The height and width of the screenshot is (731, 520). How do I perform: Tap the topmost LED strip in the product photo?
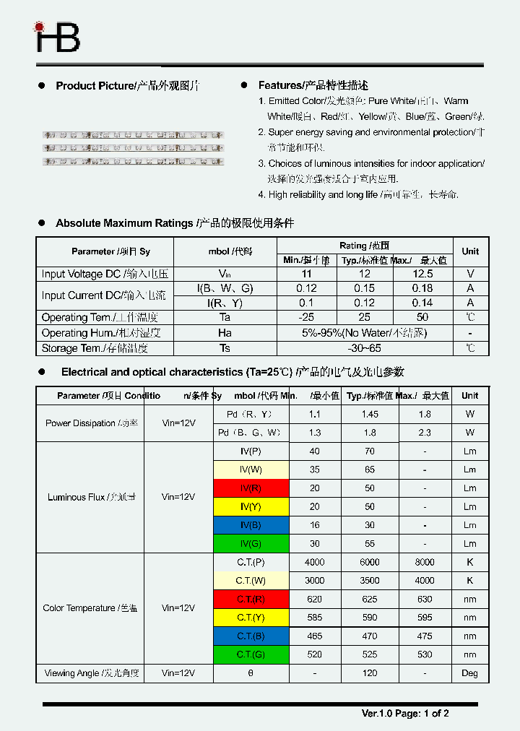[x=134, y=134]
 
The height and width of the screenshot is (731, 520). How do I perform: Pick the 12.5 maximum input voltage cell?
[x=422, y=274]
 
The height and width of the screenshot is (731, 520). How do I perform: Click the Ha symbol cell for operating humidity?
[x=225, y=333]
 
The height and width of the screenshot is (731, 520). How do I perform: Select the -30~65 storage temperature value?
[x=364, y=348]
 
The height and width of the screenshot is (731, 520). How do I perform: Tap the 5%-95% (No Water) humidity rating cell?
[x=364, y=333]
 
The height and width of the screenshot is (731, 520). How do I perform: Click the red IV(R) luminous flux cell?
[x=251, y=488]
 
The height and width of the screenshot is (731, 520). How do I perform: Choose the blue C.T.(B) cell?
[x=251, y=636]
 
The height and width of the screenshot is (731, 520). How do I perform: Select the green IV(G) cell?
[x=251, y=544]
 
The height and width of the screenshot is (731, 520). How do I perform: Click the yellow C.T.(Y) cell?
[x=251, y=618]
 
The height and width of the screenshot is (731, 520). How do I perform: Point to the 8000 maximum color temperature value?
[x=425, y=562]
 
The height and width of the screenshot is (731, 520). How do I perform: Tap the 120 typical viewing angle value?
[x=370, y=673]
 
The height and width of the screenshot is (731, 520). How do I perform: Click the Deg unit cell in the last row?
[x=469, y=673]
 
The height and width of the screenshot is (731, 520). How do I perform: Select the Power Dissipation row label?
[x=91, y=423]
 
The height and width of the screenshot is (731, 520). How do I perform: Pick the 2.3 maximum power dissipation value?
[x=425, y=433]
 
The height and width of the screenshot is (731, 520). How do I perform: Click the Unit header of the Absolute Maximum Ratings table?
[x=470, y=251]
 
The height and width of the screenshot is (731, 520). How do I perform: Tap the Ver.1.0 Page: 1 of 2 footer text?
[x=405, y=714]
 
